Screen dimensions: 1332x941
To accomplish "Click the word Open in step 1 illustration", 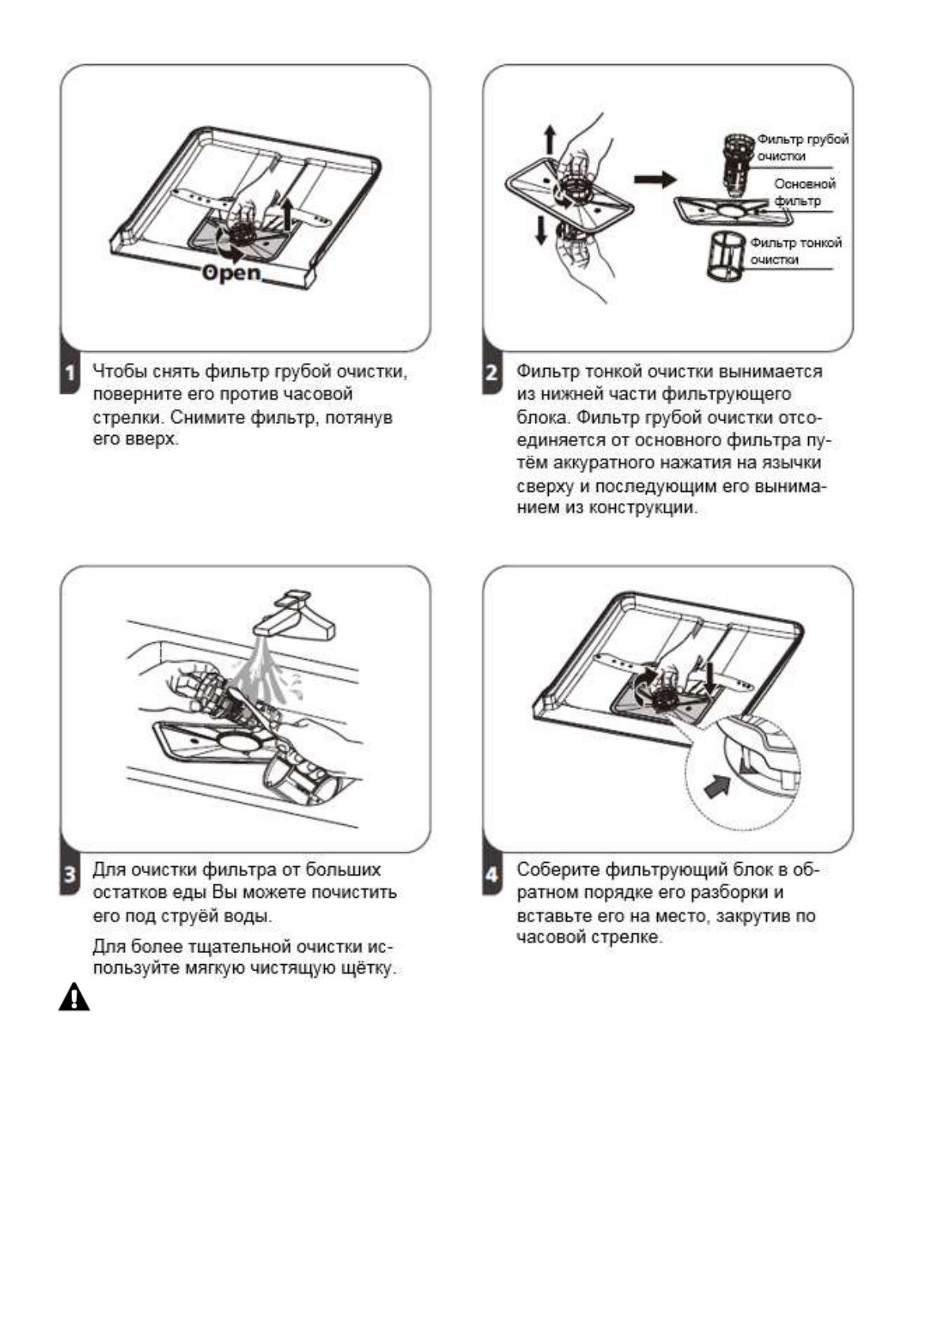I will pyautogui.click(x=231, y=273).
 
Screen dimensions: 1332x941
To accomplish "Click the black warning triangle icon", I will pyautogui.click(x=74, y=997).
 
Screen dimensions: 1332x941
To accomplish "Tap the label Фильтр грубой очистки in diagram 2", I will pyautogui.click(x=802, y=147).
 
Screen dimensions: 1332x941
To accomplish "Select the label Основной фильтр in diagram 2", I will pyautogui.click(x=803, y=192).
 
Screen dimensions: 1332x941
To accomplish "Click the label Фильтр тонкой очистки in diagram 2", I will pyautogui.click(x=795, y=251).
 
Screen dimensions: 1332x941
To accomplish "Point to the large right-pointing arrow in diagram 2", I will pyautogui.click(x=656, y=180).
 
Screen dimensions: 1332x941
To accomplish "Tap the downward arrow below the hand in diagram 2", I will pyautogui.click(x=542, y=229).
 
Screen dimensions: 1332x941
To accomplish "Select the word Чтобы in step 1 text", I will pyautogui.click(x=118, y=371).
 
